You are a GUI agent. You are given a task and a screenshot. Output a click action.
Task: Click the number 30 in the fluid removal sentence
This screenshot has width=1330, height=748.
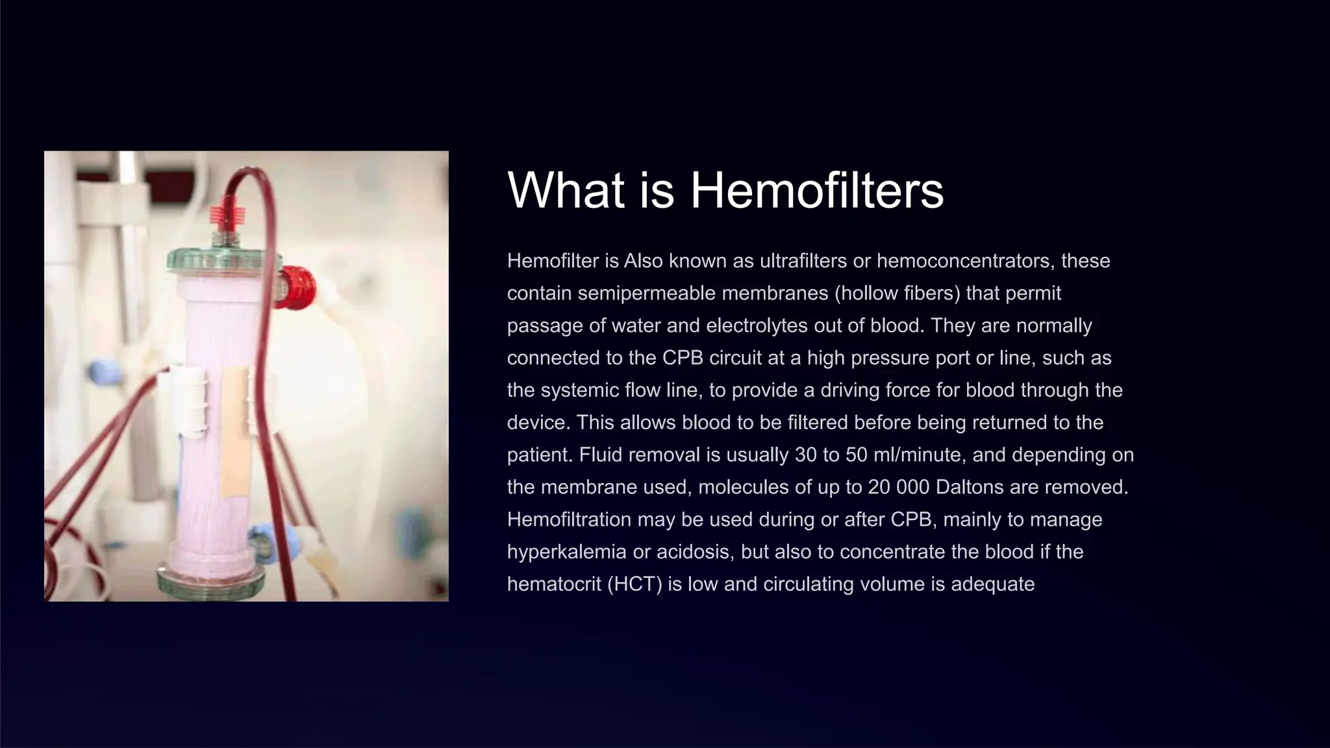[x=805, y=455]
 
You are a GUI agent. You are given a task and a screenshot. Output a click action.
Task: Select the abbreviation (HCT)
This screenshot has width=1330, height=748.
[x=634, y=584]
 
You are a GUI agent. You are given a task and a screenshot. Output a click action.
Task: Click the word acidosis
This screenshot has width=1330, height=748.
[x=693, y=552]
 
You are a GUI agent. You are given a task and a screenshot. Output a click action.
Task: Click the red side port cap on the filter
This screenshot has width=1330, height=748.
[x=297, y=288]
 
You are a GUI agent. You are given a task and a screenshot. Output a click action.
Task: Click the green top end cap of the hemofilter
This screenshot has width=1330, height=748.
[x=221, y=261]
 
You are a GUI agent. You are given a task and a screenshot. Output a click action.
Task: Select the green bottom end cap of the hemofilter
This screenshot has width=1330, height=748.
[x=211, y=579]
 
